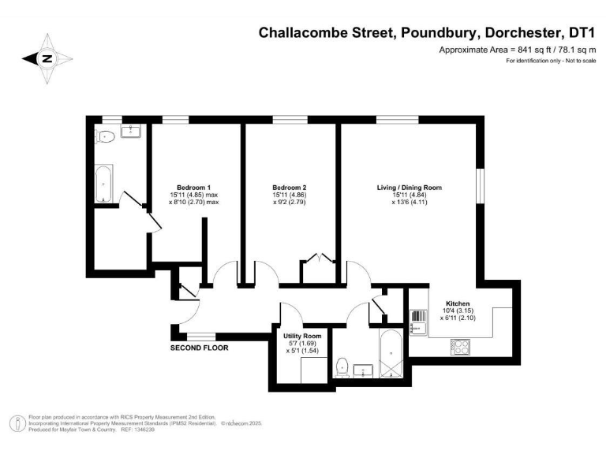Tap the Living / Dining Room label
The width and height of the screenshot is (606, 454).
409,188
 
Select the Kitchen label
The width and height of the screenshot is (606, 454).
458,303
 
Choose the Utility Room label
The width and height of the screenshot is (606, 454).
302,337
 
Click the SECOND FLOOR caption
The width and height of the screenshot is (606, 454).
200,347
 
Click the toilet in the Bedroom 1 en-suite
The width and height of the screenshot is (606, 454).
105,137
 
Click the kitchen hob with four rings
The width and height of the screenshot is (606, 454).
460,345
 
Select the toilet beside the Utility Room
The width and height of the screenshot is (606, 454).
342,367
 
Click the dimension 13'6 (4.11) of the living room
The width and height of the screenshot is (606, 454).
410,203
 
